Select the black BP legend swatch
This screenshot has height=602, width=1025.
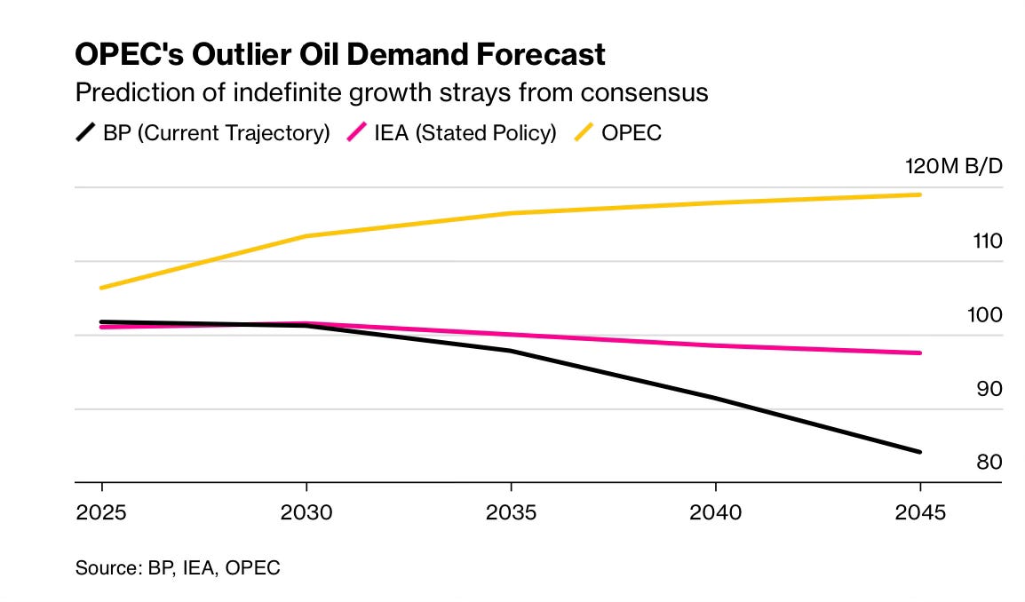tap(85, 133)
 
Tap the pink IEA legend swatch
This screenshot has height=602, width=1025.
tap(357, 133)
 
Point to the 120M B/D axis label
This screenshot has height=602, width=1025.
tap(953, 167)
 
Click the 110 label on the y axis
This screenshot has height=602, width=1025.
tap(987, 241)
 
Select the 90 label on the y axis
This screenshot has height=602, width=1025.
tap(988, 389)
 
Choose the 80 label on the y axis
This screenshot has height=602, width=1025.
tap(988, 463)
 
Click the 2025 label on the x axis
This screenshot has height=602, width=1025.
tap(102, 513)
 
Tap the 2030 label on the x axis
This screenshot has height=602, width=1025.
tap(306, 513)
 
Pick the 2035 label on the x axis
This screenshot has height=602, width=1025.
tap(511, 513)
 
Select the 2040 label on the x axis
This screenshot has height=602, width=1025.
tap(715, 513)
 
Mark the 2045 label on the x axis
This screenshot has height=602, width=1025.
tap(919, 513)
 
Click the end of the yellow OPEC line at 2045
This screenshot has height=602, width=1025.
tap(919, 194)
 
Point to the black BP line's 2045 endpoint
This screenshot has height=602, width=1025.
tap(919, 452)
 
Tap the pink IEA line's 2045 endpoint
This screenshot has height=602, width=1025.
tap(919, 352)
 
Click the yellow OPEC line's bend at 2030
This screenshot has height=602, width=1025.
tap(306, 236)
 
